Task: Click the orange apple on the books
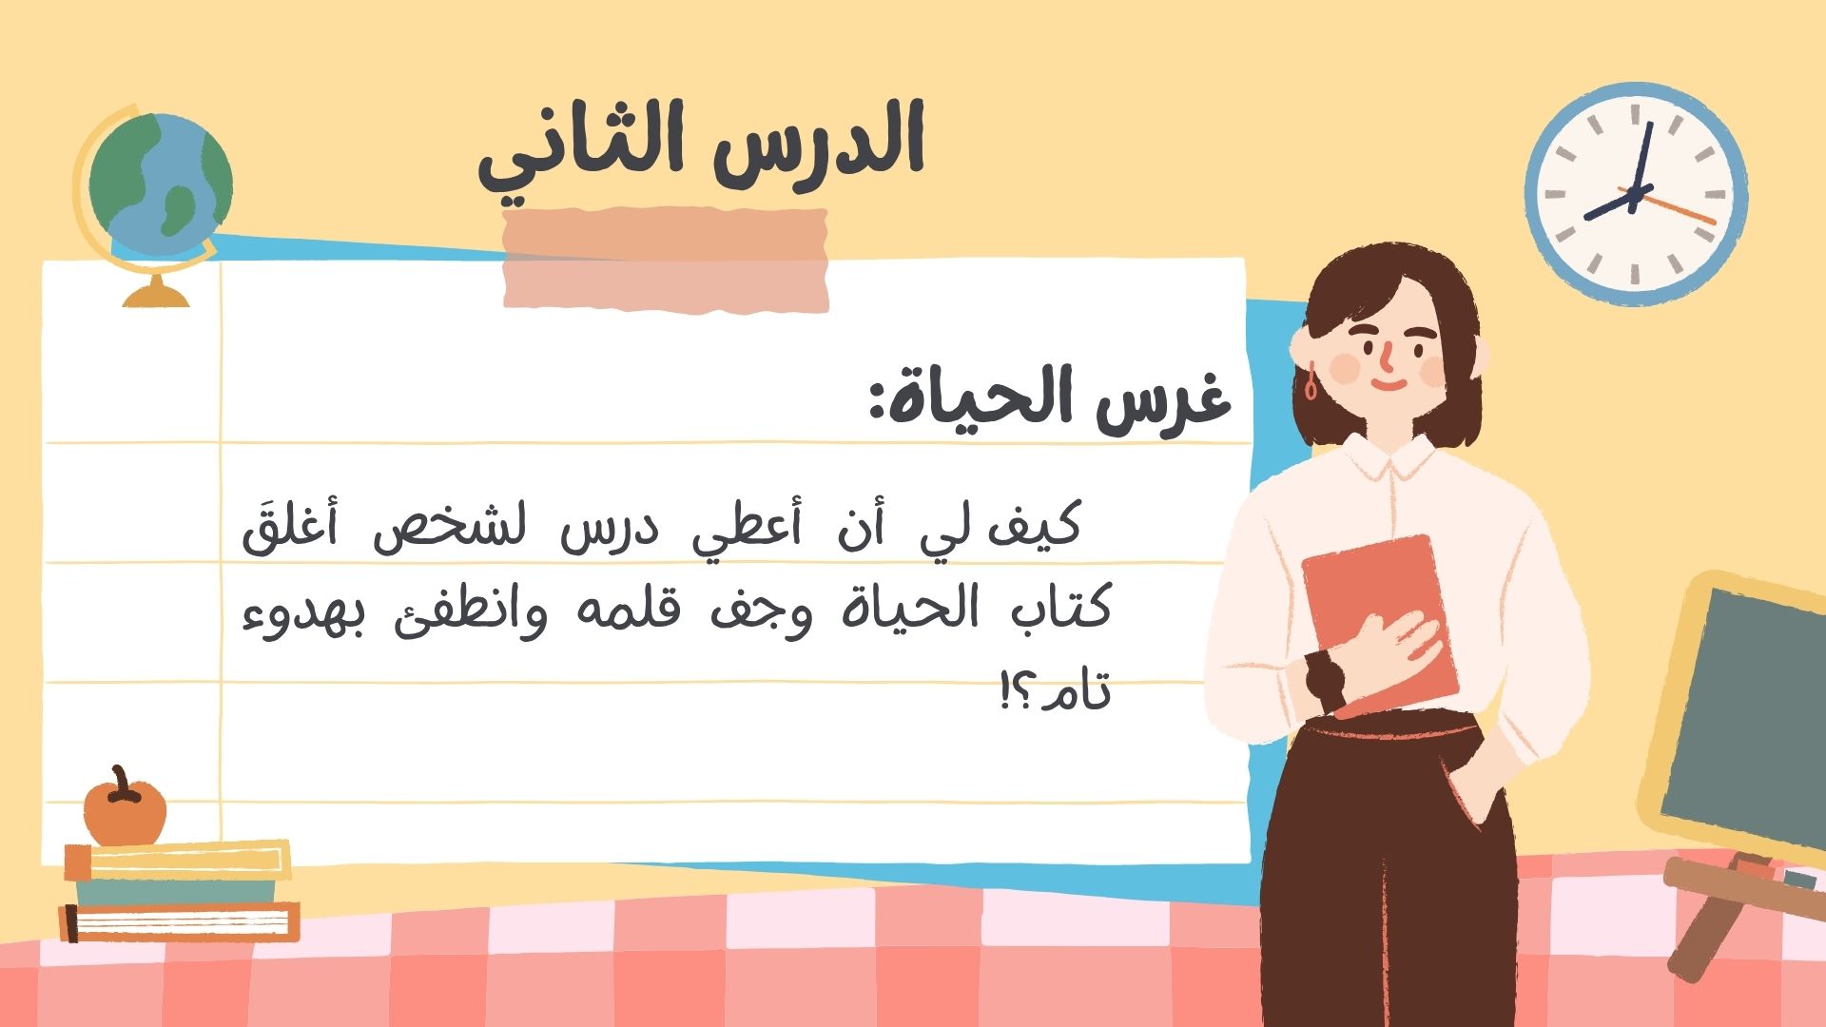pyautogui.click(x=125, y=809)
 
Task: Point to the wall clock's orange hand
pyautogui.click(x=1679, y=208)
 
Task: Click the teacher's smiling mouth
pyautogui.click(x=1389, y=384)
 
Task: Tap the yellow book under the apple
pyautogui.click(x=177, y=861)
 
